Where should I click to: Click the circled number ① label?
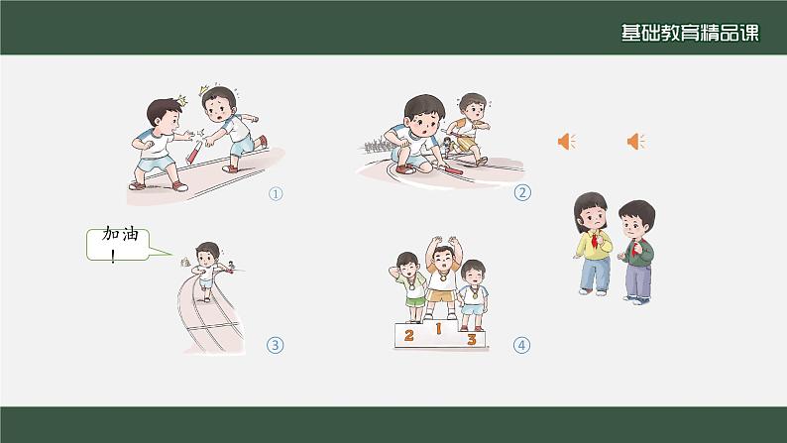tap(276, 193)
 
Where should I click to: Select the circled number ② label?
tap(522, 192)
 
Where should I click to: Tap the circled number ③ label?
tap(275, 345)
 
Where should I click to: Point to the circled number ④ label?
tap(521, 345)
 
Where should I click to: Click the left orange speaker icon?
tap(567, 142)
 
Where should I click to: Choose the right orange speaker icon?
tap(636, 142)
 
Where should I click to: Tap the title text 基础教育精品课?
tap(690, 33)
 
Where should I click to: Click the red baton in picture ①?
tap(193, 153)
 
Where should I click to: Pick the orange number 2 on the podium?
tap(409, 335)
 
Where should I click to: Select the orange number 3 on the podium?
tap(471, 339)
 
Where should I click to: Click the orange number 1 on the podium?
tap(438, 329)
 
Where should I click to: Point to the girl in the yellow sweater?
tap(593, 244)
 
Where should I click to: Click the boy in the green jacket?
tap(636, 252)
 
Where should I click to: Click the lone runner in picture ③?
tap(207, 271)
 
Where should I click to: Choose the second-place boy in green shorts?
tap(409, 287)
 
